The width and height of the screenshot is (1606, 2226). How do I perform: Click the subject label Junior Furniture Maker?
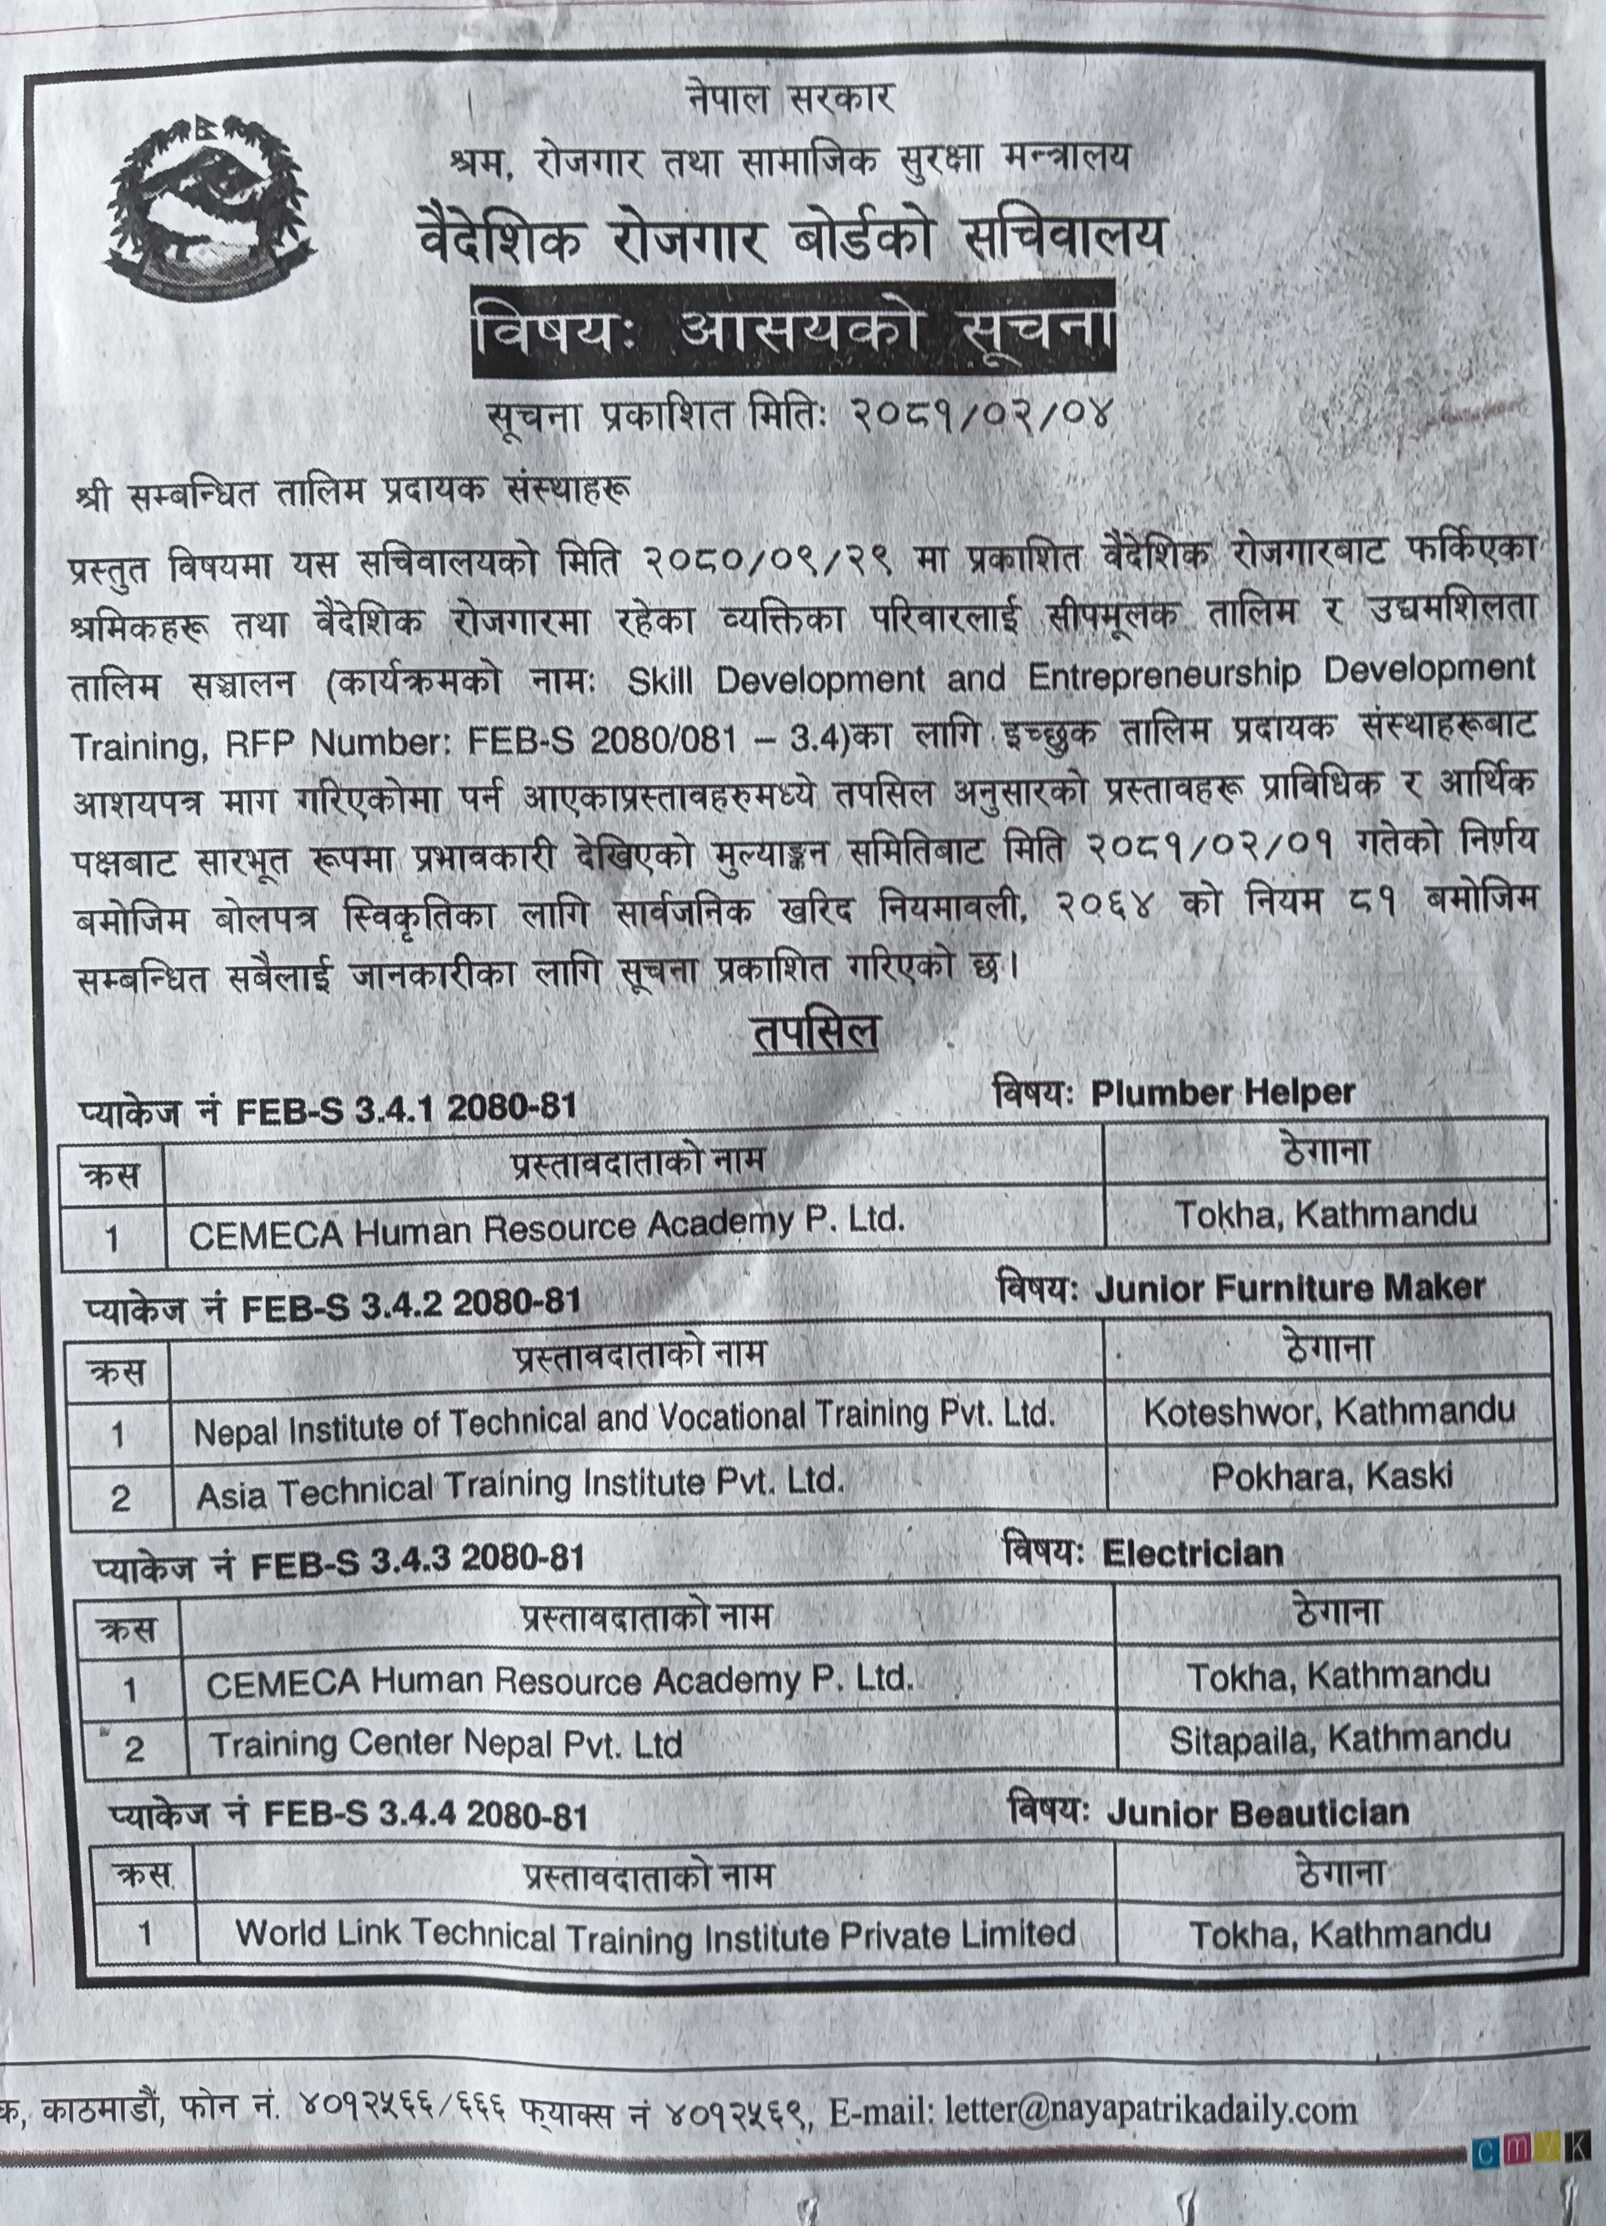click(x=1288, y=1288)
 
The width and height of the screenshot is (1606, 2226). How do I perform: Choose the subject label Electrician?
click(x=1192, y=1552)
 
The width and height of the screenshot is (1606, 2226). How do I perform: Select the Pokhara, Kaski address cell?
click(x=1330, y=1476)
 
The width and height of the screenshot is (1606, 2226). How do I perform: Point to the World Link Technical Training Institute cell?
click(x=655, y=1933)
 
